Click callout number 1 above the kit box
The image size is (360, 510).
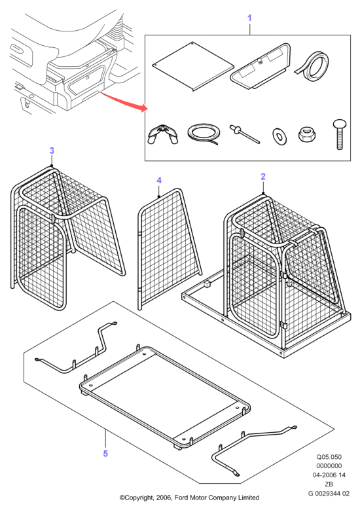click(x=249, y=18)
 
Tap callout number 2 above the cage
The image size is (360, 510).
click(x=262, y=177)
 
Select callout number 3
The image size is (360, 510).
click(x=52, y=151)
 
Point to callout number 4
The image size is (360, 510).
click(x=158, y=181)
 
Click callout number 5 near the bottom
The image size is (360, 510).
click(x=105, y=454)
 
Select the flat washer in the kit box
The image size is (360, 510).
click(x=279, y=137)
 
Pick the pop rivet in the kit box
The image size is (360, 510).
click(x=245, y=134)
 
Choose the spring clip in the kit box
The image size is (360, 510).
click(x=163, y=134)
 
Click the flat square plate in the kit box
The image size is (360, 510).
click(x=193, y=66)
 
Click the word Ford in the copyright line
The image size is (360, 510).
click(x=182, y=498)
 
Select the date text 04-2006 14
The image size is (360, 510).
click(x=329, y=475)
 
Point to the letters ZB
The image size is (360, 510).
click(x=329, y=484)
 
